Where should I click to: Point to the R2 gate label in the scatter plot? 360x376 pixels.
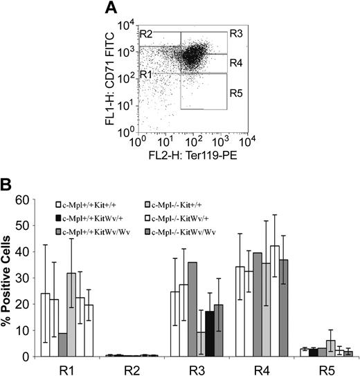coord(146,33)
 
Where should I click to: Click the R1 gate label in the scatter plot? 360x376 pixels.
coord(147,73)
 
